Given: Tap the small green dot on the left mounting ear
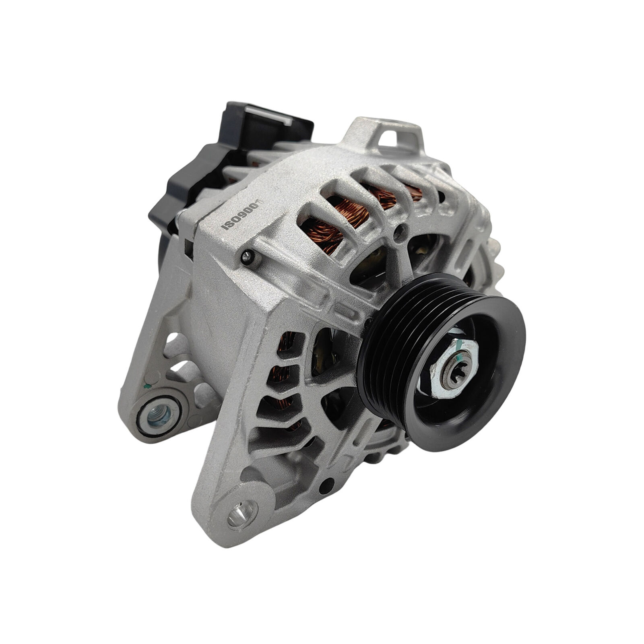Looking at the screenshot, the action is pos(147,386).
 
